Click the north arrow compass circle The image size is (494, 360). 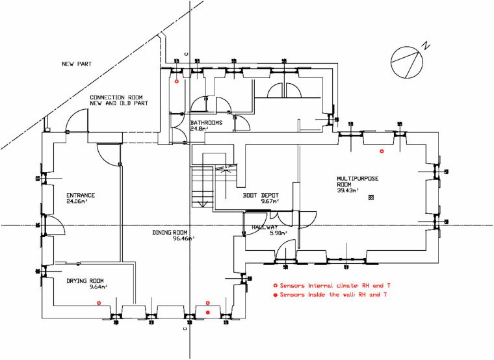click(391, 62)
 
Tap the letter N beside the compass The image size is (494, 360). click(426, 45)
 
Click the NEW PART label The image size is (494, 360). click(77, 64)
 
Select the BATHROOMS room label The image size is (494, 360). click(206, 123)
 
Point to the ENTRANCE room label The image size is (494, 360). click(81, 196)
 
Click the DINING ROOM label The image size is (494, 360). click(170, 233)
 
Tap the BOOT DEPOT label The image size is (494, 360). click(261, 196)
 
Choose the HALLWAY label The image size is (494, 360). click(265, 227)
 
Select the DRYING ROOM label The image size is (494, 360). click(85, 281)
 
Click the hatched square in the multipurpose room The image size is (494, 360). click(371, 198)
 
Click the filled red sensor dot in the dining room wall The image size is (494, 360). click(208, 313)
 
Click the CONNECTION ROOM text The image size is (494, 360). click(116, 97)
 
